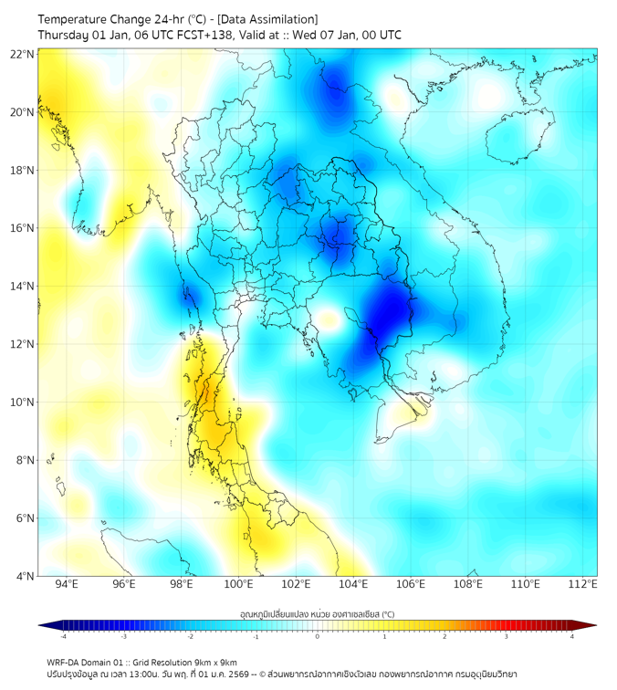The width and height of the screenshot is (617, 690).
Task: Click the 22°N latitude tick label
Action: tap(23, 54)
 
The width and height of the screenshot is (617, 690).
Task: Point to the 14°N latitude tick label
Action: tap(23, 286)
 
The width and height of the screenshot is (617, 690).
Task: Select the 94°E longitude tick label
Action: tap(67, 584)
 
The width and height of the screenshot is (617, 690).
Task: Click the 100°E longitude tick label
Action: tap(238, 584)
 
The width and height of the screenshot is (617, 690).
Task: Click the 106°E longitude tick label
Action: tap(411, 584)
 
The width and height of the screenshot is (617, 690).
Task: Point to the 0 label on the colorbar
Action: tap(318, 636)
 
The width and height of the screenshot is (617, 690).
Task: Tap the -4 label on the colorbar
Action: tap(62, 636)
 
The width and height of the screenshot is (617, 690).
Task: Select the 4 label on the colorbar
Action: tap(572, 636)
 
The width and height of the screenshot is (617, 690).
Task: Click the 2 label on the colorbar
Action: tap(444, 636)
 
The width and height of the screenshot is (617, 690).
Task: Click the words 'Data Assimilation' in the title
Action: tap(272, 19)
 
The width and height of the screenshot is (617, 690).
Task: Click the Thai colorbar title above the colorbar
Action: tap(317, 614)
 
